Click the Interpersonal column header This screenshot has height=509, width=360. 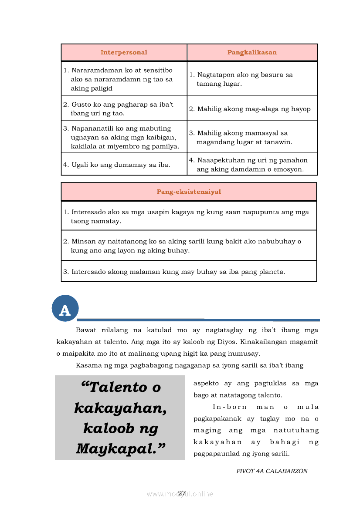point(124,53)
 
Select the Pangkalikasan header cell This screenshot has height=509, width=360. point(252,53)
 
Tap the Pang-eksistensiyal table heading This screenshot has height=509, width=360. point(189,192)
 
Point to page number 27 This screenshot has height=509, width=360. point(182,493)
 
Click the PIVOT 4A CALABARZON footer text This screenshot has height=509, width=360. point(272,471)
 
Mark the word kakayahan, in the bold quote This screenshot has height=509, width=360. point(120,408)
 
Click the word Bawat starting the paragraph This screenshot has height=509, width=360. point(86,330)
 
